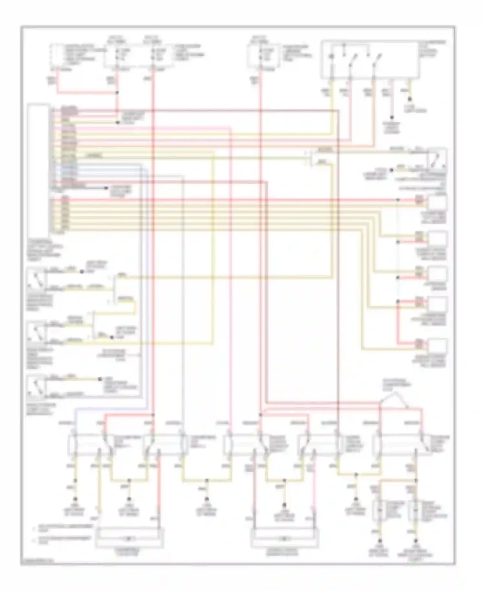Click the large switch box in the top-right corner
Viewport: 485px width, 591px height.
(370, 59)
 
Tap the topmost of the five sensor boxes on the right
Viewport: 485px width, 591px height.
(438, 203)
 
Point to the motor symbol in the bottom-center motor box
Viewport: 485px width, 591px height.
(284, 539)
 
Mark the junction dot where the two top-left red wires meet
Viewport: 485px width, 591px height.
(117, 93)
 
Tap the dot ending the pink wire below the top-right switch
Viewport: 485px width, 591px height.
(392, 117)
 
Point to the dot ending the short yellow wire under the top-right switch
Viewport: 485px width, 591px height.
(410, 99)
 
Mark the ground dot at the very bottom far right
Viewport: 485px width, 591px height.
(416, 541)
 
